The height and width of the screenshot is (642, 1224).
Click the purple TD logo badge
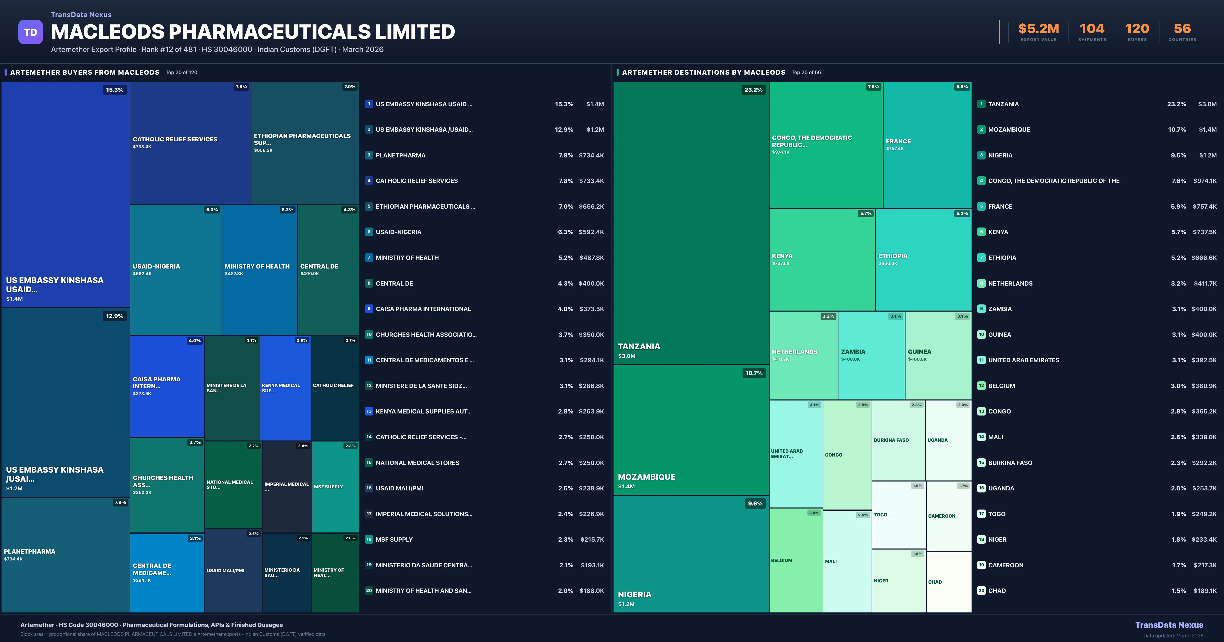pyautogui.click(x=30, y=32)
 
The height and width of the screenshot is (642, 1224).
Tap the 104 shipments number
pyautogui.click(x=1092, y=29)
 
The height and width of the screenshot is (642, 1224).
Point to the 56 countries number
pyautogui.click(x=1182, y=29)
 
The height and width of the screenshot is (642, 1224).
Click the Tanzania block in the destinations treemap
pyautogui.click(x=691, y=223)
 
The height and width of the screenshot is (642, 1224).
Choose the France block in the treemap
pyautogui.click(x=927, y=145)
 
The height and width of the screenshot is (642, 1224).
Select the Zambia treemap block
pyautogui.click(x=871, y=355)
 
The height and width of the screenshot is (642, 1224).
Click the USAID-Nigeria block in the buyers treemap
pyautogui.click(x=176, y=270)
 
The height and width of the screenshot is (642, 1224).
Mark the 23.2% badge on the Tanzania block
pyautogui.click(x=753, y=90)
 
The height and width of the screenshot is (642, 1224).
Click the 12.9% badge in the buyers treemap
pyautogui.click(x=114, y=316)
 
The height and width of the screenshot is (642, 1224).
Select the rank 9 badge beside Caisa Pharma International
pyautogui.click(x=369, y=309)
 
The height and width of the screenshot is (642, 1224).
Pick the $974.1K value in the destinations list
pyautogui.click(x=1205, y=181)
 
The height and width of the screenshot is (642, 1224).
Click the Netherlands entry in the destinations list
pyautogui.click(x=1010, y=284)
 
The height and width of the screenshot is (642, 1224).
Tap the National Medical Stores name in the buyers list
pyautogui.click(x=417, y=462)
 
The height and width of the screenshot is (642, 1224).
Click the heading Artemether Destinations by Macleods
pyautogui.click(x=703, y=72)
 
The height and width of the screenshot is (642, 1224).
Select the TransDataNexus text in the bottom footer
pyautogui.click(x=1169, y=625)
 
